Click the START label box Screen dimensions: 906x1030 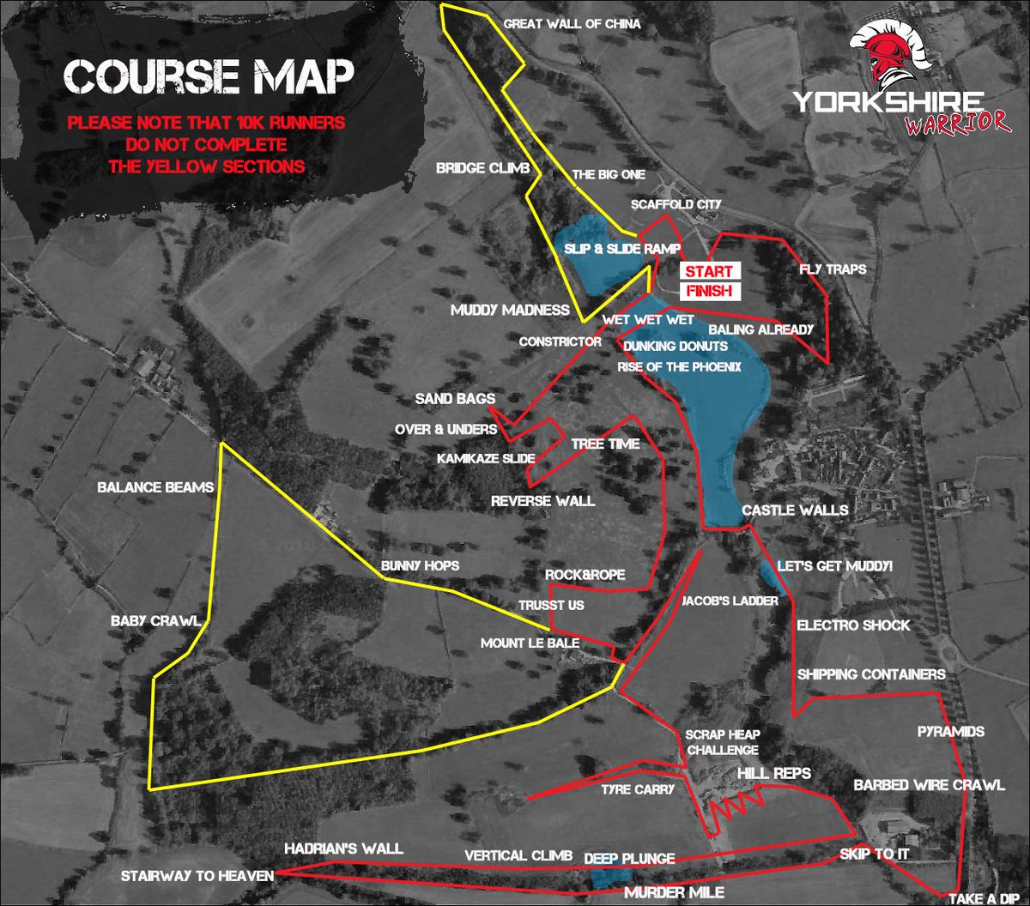pyautogui.click(x=708, y=271)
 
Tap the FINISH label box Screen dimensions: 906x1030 pyautogui.click(x=708, y=292)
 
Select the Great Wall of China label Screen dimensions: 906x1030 pyautogui.click(x=572, y=24)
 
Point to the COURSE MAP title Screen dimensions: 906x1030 pyautogui.click(x=209, y=77)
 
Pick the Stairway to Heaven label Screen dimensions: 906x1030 pyautogui.click(x=197, y=876)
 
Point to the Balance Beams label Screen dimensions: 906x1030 pyautogui.click(x=154, y=487)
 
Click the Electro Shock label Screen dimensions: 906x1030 pyautogui.click(x=853, y=625)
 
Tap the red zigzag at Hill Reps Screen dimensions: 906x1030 pyautogui.click(x=734, y=804)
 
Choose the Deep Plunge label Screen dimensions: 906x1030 pyautogui.click(x=629, y=858)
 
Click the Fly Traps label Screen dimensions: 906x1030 pyautogui.click(x=832, y=269)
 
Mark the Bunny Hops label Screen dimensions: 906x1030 pyautogui.click(x=421, y=565)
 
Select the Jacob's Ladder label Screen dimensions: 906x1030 pyautogui.click(x=730, y=601)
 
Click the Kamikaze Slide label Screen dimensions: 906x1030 pyautogui.click(x=487, y=458)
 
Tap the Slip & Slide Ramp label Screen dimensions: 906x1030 pyautogui.click(x=622, y=248)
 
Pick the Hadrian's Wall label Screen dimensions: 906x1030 pyautogui.click(x=343, y=849)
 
